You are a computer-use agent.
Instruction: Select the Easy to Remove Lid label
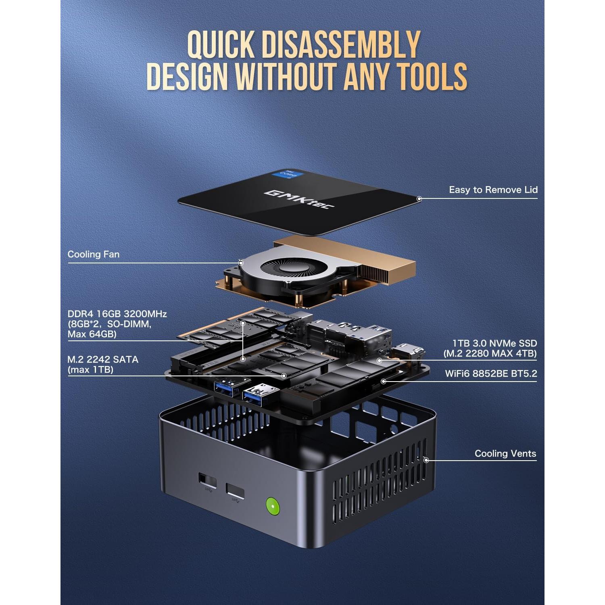[x=493, y=190]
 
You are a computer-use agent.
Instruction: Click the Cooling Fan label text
[x=94, y=255]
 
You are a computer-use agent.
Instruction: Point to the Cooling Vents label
[x=505, y=454]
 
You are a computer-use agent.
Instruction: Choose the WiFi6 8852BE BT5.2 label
[x=491, y=374]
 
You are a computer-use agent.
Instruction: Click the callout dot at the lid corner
[x=419, y=198]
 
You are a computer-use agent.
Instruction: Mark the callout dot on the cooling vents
[x=426, y=460]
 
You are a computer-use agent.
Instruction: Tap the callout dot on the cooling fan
[x=241, y=263]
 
